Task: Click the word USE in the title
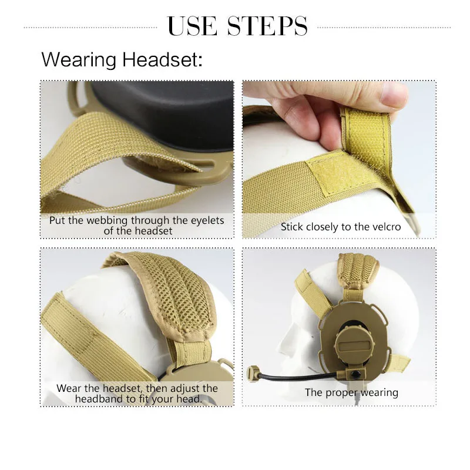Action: pyautogui.click(x=192, y=26)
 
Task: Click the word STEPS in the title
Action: pyautogui.click(x=268, y=26)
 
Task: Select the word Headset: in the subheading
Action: pyautogui.click(x=162, y=59)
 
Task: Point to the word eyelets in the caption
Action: pyautogui.click(x=207, y=221)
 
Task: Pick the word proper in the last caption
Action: pyautogui.click(x=341, y=393)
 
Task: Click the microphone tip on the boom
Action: pyautogui.click(x=253, y=372)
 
